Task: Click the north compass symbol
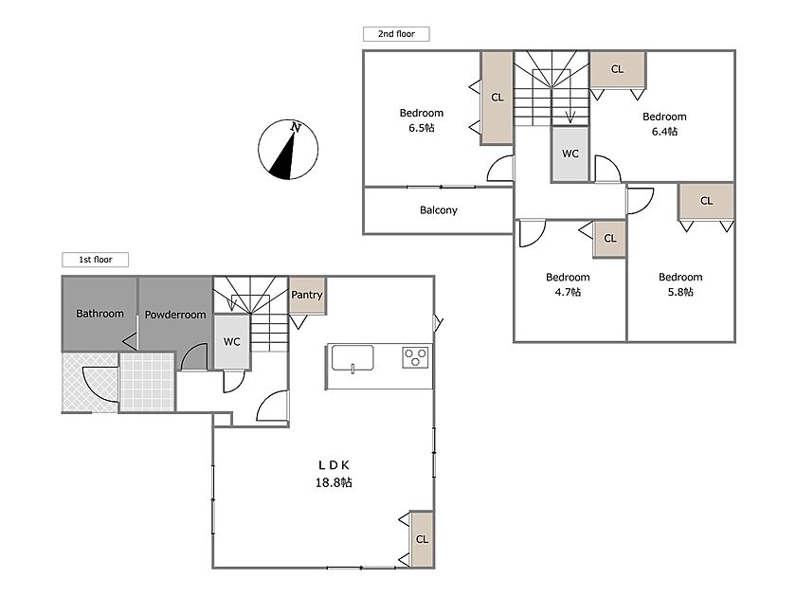(x=288, y=150)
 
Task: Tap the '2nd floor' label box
(x=396, y=34)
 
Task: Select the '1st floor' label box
(x=96, y=260)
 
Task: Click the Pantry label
(x=307, y=295)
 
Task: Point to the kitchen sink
(x=353, y=358)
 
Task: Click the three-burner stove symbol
(x=416, y=357)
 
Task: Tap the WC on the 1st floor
(x=232, y=342)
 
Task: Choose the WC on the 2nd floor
(x=570, y=154)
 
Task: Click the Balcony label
(x=439, y=210)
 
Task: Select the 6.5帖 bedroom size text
(x=422, y=128)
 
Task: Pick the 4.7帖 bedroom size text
(x=568, y=292)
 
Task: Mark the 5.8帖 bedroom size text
(x=680, y=292)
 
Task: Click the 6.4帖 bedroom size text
(x=664, y=132)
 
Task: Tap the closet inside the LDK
(x=422, y=539)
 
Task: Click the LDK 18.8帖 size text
(x=334, y=482)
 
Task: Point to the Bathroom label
(x=100, y=314)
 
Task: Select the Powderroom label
(x=175, y=315)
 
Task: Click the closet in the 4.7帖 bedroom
(x=610, y=239)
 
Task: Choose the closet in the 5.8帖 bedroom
(x=706, y=201)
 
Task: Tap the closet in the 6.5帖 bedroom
(x=497, y=98)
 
